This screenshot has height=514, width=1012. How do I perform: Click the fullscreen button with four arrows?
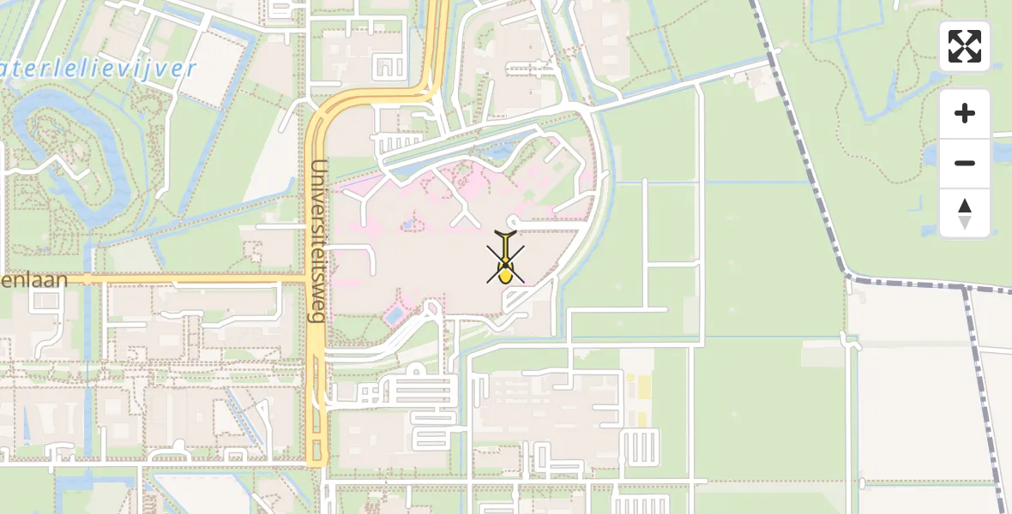(x=965, y=46)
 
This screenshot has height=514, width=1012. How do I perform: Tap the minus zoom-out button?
(x=965, y=163)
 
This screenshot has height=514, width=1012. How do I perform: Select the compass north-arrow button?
(x=965, y=213)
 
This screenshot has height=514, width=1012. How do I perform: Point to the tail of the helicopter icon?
(x=506, y=235)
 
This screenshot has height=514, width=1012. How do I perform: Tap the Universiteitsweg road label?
(x=318, y=240)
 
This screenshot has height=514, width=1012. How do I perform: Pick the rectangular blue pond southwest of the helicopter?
(x=393, y=316)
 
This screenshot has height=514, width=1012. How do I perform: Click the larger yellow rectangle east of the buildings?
(x=639, y=387)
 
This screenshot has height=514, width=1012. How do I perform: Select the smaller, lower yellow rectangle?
(x=641, y=418)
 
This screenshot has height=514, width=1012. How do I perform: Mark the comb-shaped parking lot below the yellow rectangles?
(x=639, y=446)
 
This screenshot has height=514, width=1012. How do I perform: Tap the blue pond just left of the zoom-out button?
(x=931, y=154)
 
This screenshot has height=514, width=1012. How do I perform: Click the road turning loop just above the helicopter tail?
(x=513, y=220)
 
